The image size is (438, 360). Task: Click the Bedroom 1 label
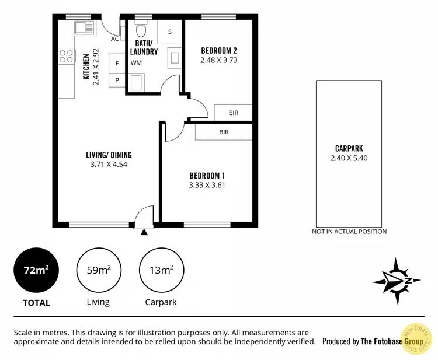(207, 176)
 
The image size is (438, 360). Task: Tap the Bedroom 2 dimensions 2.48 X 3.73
(218, 60)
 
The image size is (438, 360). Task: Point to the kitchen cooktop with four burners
(67, 57)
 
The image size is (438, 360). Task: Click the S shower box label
(170, 32)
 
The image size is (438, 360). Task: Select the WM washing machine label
(136, 62)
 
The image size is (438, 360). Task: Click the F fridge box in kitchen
(117, 63)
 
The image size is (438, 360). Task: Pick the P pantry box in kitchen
(117, 80)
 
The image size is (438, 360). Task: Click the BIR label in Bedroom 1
(224, 132)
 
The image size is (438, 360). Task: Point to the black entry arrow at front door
(144, 232)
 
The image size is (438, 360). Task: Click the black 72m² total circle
(36, 270)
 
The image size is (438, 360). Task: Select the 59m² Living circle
(98, 270)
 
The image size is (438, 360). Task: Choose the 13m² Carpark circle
(161, 270)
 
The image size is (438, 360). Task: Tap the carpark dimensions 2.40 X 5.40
(349, 158)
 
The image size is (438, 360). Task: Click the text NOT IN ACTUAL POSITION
(349, 232)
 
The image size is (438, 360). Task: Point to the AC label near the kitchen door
(114, 39)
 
